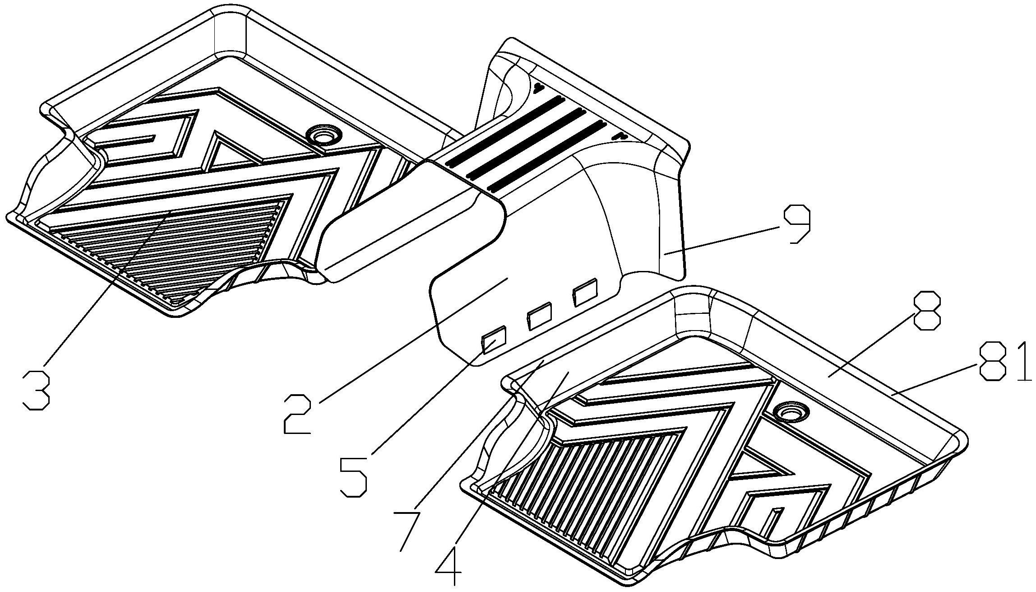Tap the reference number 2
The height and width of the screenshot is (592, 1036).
[298, 413]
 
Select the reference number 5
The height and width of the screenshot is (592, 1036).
[354, 477]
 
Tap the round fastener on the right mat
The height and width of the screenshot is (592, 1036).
[790, 411]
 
